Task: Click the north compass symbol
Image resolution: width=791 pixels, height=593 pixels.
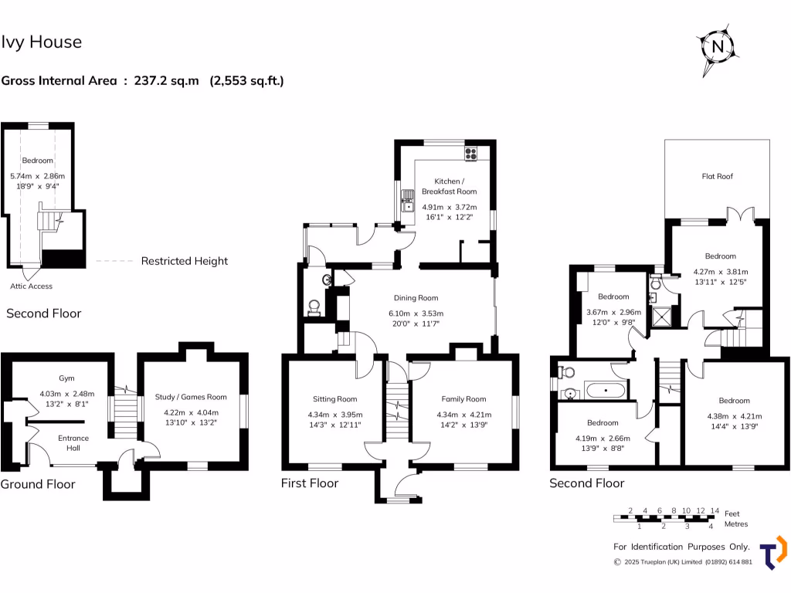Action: (718, 46)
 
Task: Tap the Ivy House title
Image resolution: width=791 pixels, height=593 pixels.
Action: (42, 42)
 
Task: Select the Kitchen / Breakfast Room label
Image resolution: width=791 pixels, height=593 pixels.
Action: (449, 185)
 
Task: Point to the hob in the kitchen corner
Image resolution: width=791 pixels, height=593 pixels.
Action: (470, 154)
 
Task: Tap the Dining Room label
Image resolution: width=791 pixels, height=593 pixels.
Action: (416, 297)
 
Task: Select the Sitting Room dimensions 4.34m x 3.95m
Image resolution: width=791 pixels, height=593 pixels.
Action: (335, 415)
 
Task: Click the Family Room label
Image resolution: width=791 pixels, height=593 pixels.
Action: (463, 399)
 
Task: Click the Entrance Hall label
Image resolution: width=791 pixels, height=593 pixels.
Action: (73, 442)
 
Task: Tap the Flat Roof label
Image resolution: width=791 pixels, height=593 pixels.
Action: (717, 176)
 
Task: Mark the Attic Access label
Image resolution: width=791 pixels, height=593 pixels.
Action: (31, 286)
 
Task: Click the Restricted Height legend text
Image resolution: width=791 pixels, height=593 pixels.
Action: (184, 261)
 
